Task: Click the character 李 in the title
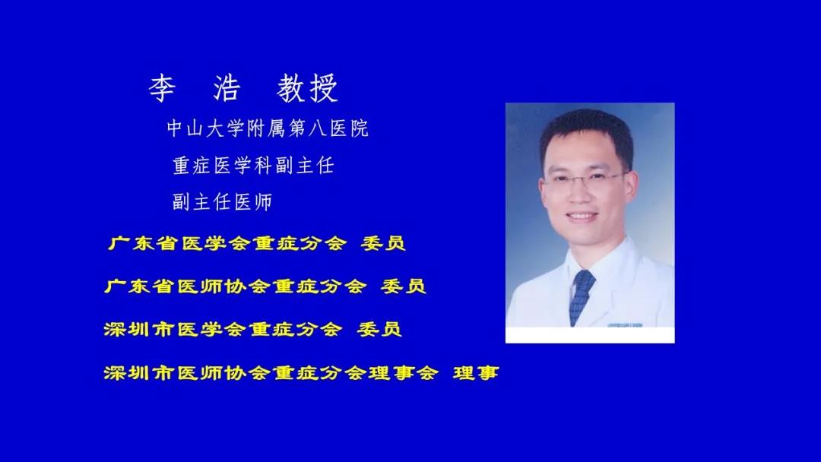pyautogui.click(x=161, y=87)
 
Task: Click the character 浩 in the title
pyautogui.click(x=227, y=87)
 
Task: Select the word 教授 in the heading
pyautogui.click(x=307, y=87)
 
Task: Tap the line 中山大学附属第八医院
pyautogui.click(x=268, y=128)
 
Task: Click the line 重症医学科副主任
pyautogui.click(x=253, y=166)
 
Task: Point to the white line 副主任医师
pyautogui.click(x=222, y=202)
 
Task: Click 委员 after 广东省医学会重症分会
pyautogui.click(x=383, y=243)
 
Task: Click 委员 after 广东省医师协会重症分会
pyautogui.click(x=403, y=286)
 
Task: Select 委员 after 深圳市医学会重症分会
pyautogui.click(x=379, y=329)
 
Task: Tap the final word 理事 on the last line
pyautogui.click(x=476, y=373)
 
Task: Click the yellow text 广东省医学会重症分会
pyautogui.click(x=227, y=243)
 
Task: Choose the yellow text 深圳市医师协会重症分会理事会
pyautogui.click(x=271, y=373)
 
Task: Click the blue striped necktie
pyautogui.click(x=581, y=296)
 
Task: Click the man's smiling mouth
pyautogui.click(x=582, y=216)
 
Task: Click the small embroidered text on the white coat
pyautogui.click(x=625, y=325)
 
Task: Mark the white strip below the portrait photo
pyautogui.click(x=590, y=335)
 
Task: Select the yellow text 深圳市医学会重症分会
pyautogui.click(x=223, y=329)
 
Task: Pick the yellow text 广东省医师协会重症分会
pyautogui.click(x=236, y=286)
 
